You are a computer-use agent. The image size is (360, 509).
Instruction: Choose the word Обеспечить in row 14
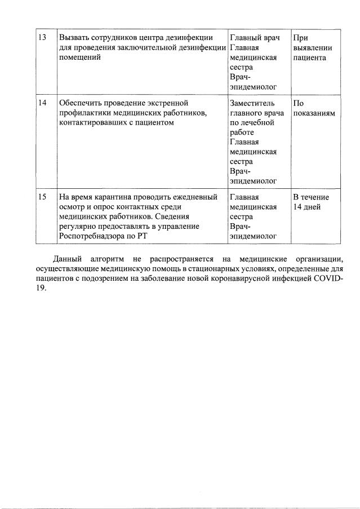pyautogui.click(x=81, y=103)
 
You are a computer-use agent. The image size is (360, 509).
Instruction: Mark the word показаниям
pyautogui.click(x=314, y=113)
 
